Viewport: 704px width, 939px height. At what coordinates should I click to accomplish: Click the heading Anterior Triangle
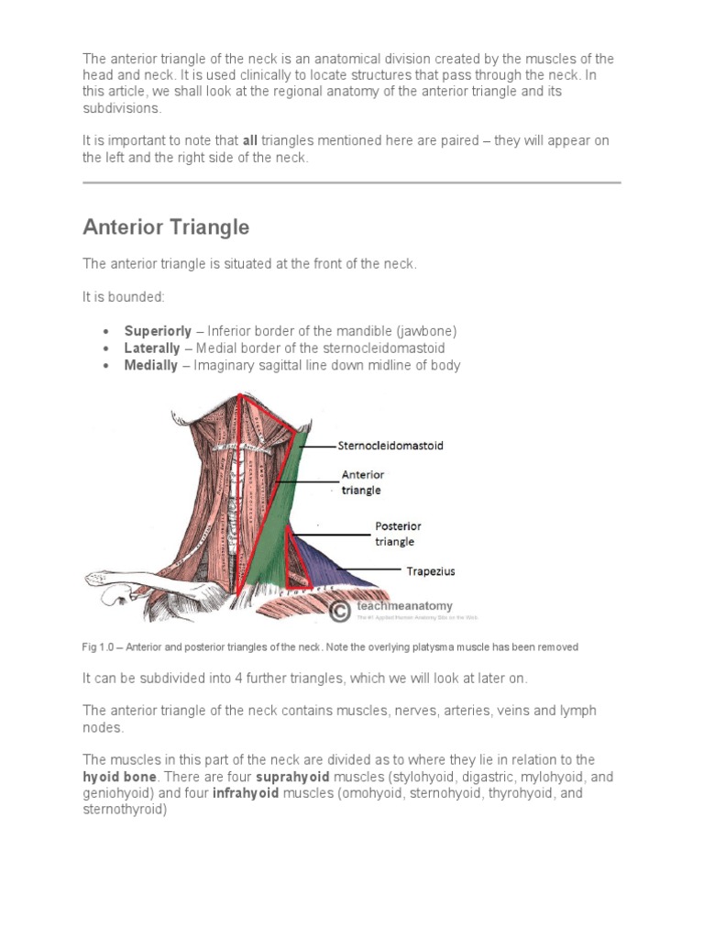coord(166,226)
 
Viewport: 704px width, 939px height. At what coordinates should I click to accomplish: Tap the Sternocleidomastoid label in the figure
coord(390,446)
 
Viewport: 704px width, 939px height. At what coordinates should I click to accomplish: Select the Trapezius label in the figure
coord(430,571)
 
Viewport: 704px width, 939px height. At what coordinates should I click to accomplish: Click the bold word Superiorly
coord(158,331)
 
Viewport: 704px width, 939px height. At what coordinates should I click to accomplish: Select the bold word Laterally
coord(152,348)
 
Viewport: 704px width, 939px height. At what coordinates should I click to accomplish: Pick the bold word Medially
coord(151,365)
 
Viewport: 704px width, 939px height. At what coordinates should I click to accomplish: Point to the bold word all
coord(250,141)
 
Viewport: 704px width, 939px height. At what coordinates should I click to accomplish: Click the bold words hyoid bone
coord(117,777)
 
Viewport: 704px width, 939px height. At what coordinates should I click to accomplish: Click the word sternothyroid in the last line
coord(125,810)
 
